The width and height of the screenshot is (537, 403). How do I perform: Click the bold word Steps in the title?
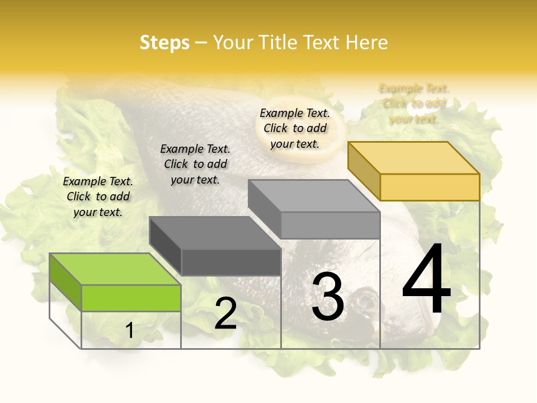(164, 43)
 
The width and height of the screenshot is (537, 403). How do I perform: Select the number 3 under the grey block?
(327, 297)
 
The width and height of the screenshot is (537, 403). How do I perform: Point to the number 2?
(225, 313)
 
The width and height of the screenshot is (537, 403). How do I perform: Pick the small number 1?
(130, 330)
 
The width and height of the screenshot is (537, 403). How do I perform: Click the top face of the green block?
(115, 269)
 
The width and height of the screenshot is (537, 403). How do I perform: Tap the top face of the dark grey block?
(214, 233)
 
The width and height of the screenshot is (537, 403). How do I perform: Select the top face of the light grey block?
(313, 196)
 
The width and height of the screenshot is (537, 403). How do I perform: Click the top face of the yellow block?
(413, 158)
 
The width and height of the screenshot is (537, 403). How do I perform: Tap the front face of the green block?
(131, 298)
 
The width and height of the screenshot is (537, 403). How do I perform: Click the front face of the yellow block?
(430, 187)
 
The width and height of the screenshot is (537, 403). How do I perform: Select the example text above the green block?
(98, 196)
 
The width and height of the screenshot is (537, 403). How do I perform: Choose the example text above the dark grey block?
(195, 164)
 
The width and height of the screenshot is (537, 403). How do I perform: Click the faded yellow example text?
(414, 104)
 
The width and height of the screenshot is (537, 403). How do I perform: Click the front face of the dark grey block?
(231, 262)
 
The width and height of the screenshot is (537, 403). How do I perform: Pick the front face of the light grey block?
(330, 225)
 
